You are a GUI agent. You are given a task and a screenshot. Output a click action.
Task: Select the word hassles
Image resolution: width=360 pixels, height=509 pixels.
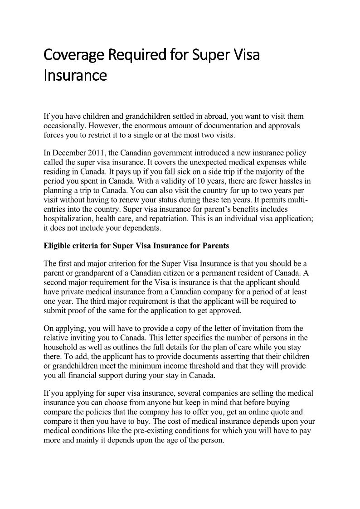pyautogui.click(x=284, y=181)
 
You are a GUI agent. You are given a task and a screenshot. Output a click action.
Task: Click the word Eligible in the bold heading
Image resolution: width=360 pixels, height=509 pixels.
pyautogui.click(x=57, y=246)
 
